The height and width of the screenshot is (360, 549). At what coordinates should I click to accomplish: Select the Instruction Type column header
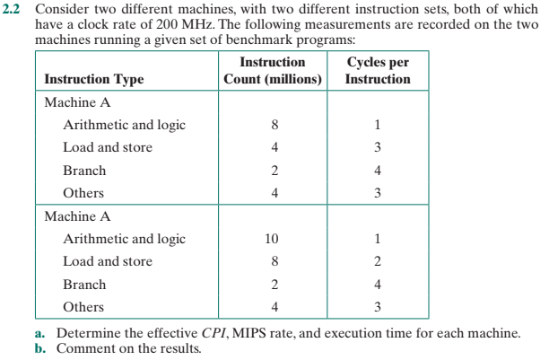[x=93, y=79]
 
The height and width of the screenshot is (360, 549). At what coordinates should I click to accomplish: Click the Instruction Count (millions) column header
[x=273, y=71]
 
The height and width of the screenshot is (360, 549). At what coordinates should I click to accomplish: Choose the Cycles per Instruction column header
[x=378, y=71]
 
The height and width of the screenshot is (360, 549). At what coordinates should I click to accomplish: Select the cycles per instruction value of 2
[x=378, y=262]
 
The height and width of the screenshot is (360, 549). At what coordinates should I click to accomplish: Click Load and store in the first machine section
[x=107, y=147]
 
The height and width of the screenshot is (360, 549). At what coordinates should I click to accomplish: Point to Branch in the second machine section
[x=84, y=285]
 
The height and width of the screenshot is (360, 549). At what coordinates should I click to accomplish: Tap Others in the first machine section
[x=83, y=193]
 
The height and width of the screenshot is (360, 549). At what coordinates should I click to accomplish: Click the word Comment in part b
[x=83, y=347]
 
